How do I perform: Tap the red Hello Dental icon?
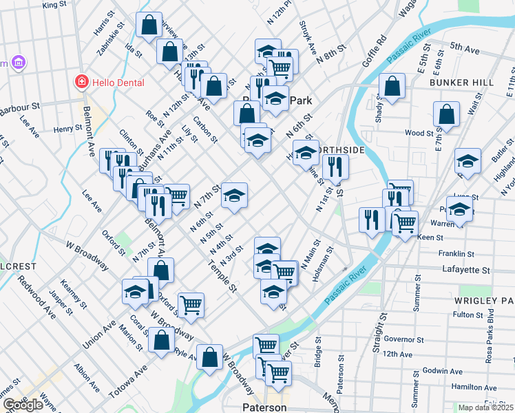coord(82,83)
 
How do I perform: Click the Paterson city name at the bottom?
coord(264,407)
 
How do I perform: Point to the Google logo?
coord(23,405)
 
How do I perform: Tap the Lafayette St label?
coord(466,270)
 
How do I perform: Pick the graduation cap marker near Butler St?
coord(467,161)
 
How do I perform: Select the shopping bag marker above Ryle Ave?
coord(161,341)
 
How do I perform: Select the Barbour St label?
coord(20,108)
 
